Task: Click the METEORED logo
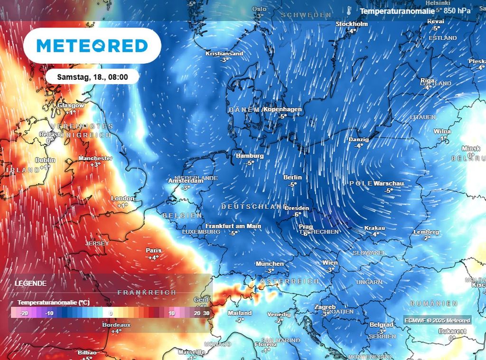(x=92, y=46)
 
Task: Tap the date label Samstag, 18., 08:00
(x=92, y=76)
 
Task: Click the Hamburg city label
(x=250, y=156)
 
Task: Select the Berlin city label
(x=292, y=177)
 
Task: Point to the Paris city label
(x=153, y=250)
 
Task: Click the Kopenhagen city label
(x=283, y=109)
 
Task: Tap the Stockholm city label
(x=352, y=24)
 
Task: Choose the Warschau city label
(x=389, y=183)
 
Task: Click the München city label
(x=270, y=264)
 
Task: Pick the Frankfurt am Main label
(x=233, y=227)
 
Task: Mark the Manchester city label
(x=95, y=158)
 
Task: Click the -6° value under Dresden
(x=297, y=214)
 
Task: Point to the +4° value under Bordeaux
(x=116, y=332)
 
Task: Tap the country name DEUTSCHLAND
(x=254, y=207)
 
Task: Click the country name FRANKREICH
(x=147, y=293)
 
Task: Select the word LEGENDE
(x=31, y=284)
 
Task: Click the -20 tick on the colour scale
(x=24, y=313)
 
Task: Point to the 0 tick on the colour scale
(x=111, y=313)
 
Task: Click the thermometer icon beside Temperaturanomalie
(x=349, y=10)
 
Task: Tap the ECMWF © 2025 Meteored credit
(x=437, y=321)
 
